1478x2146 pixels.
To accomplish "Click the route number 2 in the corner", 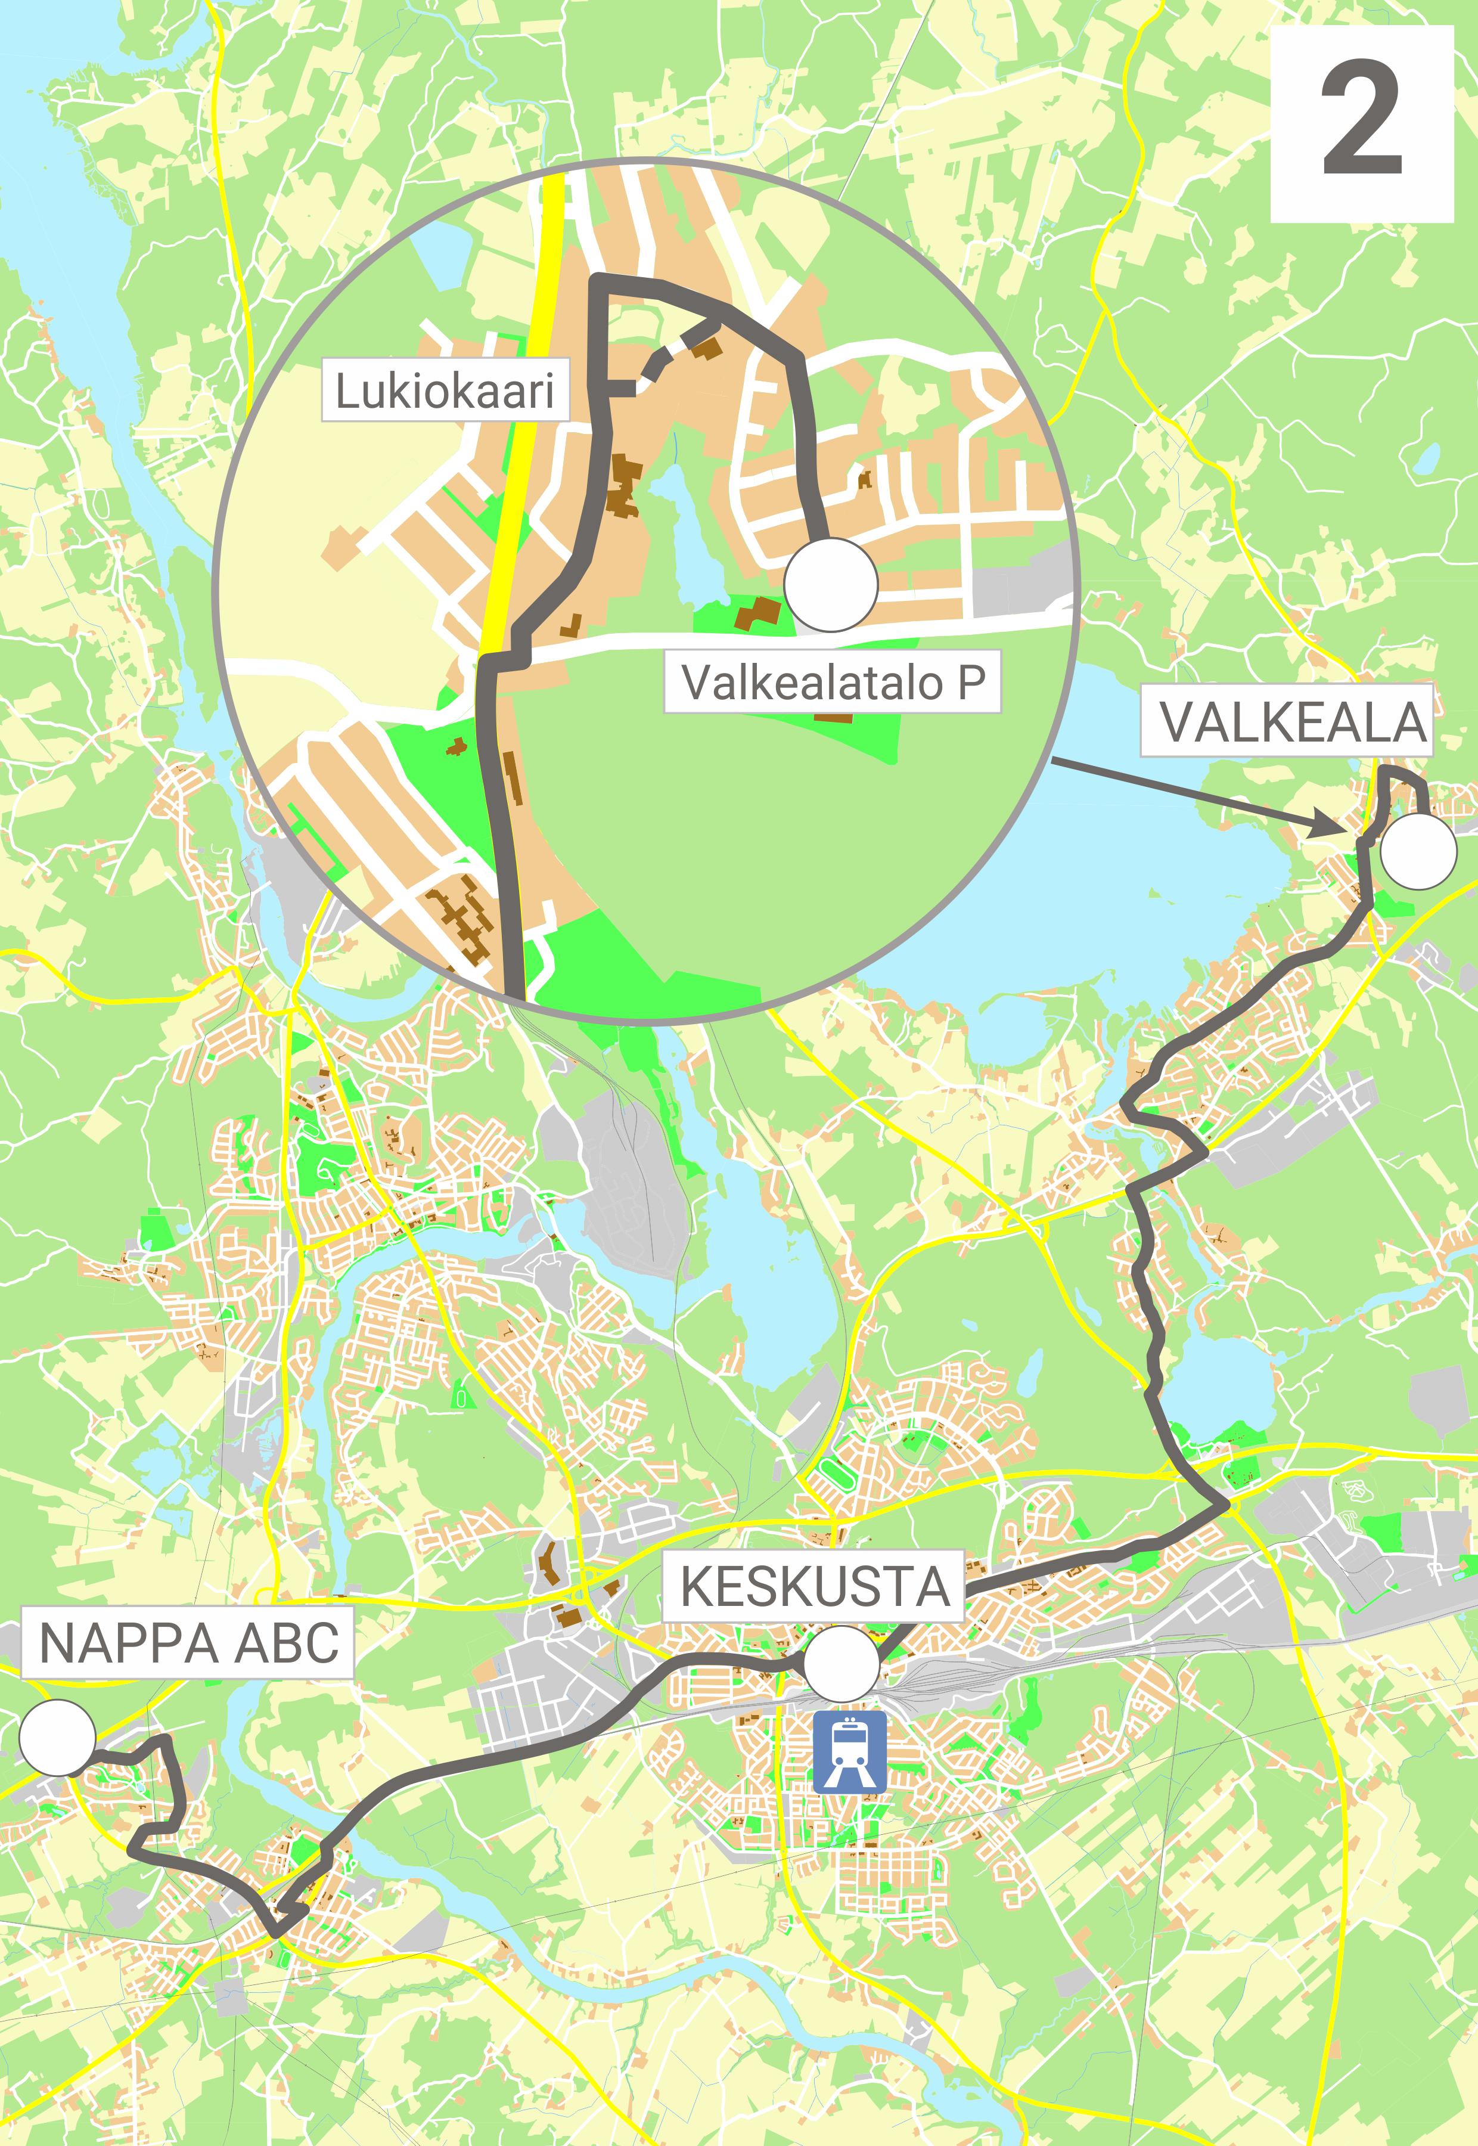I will pos(1361,122).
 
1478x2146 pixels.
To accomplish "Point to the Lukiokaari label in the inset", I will pos(445,391).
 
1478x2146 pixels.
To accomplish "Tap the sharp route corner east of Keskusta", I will pos(1227,1507).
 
